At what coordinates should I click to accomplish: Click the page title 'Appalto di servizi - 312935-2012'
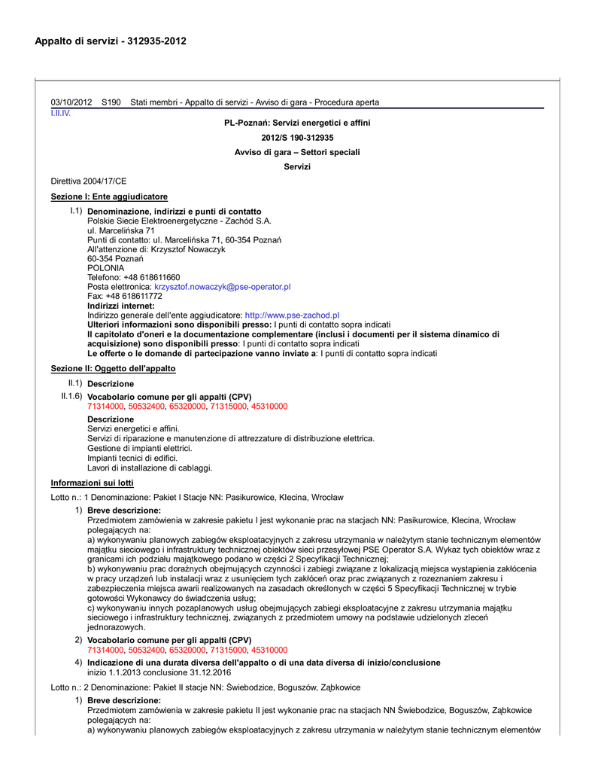pyautogui.click(x=111, y=41)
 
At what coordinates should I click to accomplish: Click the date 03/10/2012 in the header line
pyautogui.click(x=71, y=102)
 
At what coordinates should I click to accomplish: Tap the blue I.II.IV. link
pyautogui.click(x=60, y=113)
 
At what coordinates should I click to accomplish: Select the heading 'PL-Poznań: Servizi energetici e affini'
pyautogui.click(x=297, y=123)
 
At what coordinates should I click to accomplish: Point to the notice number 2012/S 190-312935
pyautogui.click(x=297, y=138)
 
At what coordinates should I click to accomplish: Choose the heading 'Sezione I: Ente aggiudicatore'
pyautogui.click(x=109, y=197)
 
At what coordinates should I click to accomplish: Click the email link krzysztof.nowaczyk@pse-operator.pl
pyautogui.click(x=223, y=287)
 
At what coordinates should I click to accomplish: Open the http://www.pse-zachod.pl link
pyautogui.click(x=293, y=315)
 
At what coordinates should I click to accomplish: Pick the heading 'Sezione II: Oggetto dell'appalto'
pyautogui.click(x=113, y=369)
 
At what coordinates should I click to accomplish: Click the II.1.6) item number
pyautogui.click(x=72, y=396)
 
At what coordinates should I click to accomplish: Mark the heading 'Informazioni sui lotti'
pyautogui.click(x=92, y=483)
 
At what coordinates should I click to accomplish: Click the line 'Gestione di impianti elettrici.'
pyautogui.click(x=140, y=448)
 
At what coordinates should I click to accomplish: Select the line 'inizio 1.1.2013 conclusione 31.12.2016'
pyautogui.click(x=159, y=672)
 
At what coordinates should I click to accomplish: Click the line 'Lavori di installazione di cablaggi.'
pyautogui.click(x=150, y=468)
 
